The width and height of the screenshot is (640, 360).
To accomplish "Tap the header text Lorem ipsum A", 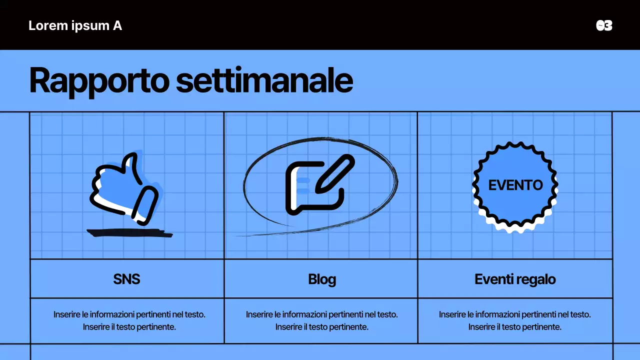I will (x=75, y=25).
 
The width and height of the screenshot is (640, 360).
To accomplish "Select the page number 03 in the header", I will (x=604, y=25).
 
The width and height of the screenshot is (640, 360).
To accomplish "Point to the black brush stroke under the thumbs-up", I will (x=129, y=232).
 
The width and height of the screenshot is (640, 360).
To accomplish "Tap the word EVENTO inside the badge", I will (x=515, y=185).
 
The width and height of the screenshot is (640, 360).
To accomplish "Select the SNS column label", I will (x=126, y=279).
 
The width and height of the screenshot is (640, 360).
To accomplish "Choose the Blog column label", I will (x=322, y=279).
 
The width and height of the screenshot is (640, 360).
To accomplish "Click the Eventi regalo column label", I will (x=515, y=279).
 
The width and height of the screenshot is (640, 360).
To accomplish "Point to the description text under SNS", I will (x=129, y=320).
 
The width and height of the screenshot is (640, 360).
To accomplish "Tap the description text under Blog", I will (x=322, y=320).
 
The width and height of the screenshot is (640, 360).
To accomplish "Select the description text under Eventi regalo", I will (x=515, y=320).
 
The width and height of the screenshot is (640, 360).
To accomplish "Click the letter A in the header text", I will (x=117, y=25).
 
